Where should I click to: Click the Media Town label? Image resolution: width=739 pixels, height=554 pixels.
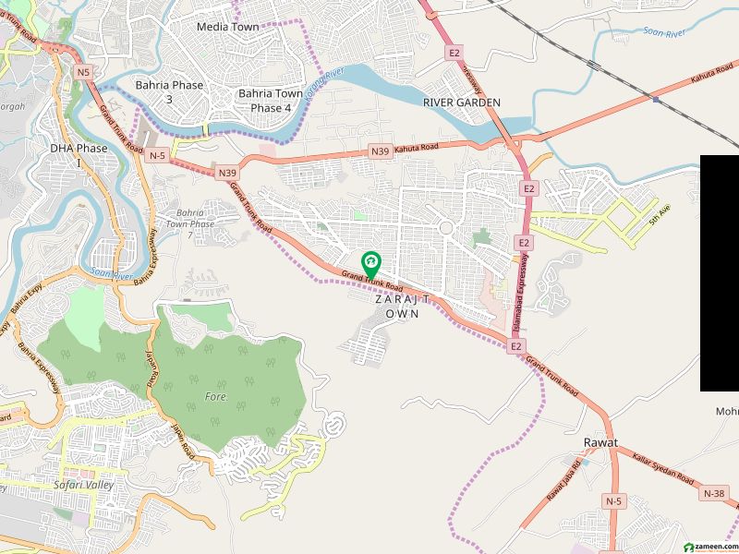pos(227,27)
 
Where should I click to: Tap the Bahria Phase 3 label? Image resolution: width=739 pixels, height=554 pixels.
pos(169,91)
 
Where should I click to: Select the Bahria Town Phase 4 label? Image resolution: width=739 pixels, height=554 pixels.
pos(270,101)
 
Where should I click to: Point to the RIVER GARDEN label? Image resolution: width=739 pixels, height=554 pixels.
pos(462,102)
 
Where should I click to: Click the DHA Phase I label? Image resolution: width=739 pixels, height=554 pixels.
pos(79,154)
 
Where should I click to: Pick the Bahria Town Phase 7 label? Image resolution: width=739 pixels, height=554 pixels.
pos(196,224)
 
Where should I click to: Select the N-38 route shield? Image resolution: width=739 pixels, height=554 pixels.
pos(714,494)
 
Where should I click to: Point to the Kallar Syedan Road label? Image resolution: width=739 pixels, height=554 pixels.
pos(663,467)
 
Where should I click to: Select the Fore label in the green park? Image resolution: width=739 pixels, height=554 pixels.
pos(214,396)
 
